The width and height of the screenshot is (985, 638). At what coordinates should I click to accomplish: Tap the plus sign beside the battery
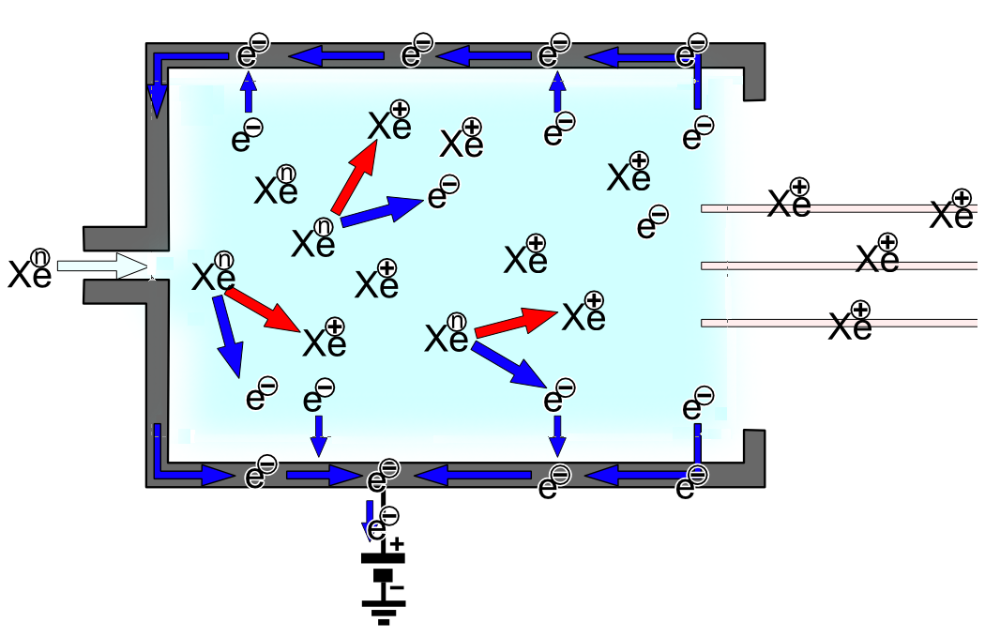[x=397, y=543]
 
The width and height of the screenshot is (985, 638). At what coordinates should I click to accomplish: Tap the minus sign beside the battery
[x=397, y=587]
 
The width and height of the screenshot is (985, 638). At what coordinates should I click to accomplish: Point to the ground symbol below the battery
[x=382, y=615]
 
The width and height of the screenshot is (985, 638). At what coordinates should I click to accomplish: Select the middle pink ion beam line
[x=840, y=266]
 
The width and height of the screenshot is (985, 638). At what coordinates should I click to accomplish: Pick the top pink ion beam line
[x=840, y=207]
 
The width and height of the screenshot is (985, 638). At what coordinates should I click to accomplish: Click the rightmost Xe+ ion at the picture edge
[x=952, y=211]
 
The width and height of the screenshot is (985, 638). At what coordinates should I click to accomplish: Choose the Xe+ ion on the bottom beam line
[x=851, y=324]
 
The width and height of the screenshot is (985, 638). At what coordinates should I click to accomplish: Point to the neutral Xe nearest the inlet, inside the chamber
[x=214, y=274]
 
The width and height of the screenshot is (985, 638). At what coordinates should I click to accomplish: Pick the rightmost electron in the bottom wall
[x=690, y=483]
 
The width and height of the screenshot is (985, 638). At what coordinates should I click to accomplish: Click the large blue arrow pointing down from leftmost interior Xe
[x=228, y=333]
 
